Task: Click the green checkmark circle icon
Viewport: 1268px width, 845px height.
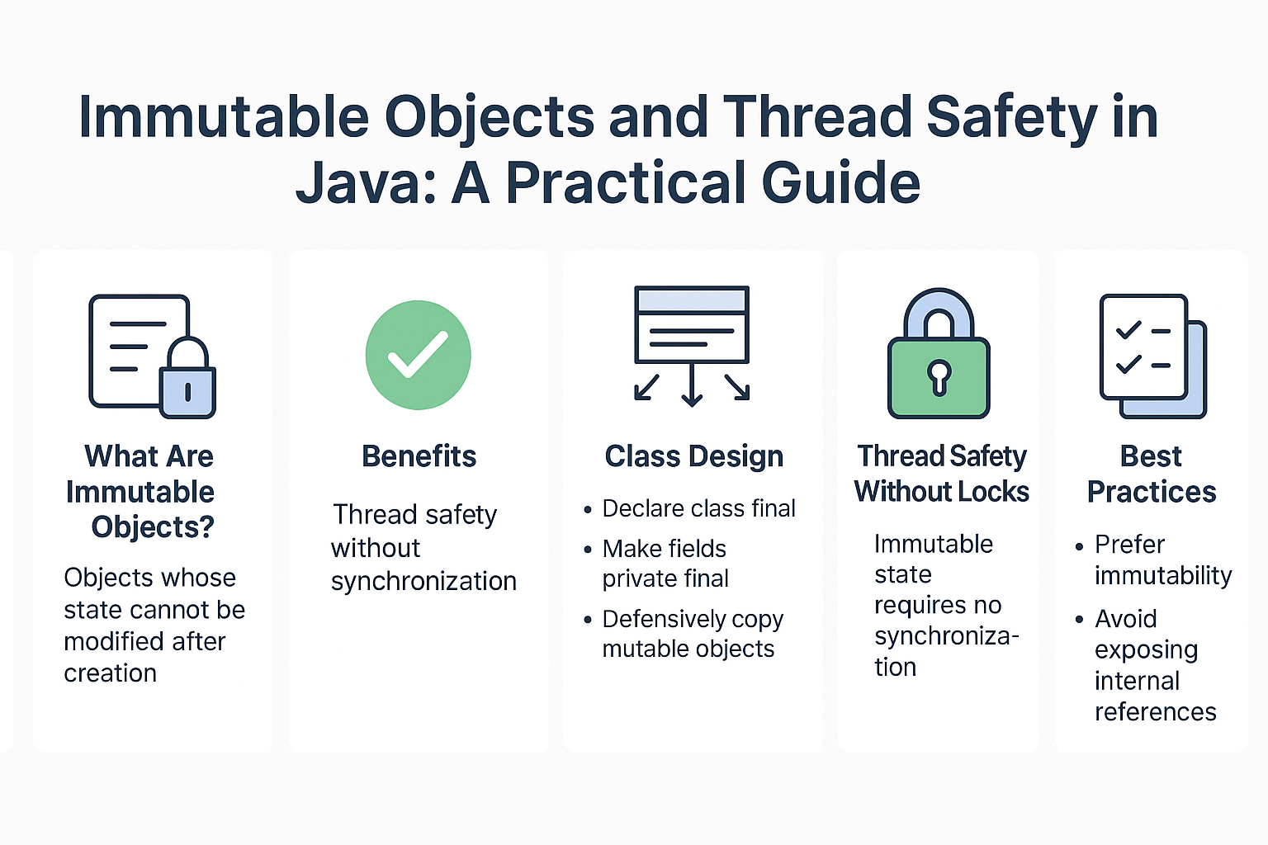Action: coord(419,355)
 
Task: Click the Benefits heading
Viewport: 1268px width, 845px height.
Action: coord(419,456)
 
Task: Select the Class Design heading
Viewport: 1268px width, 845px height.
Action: coord(693,456)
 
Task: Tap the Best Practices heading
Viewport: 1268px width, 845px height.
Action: coord(1151,474)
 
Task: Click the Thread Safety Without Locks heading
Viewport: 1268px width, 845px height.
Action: coord(941,474)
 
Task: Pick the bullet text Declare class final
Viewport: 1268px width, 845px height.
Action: coord(698,508)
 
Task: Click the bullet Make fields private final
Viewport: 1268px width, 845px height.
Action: coord(665,564)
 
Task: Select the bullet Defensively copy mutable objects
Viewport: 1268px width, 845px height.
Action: coord(692,634)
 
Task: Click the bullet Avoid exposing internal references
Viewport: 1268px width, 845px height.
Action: coord(1154,665)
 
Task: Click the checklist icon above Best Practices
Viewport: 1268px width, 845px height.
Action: coord(1152,356)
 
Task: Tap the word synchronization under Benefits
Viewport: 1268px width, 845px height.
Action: coord(423,581)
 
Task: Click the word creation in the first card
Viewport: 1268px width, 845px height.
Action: coord(110,673)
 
